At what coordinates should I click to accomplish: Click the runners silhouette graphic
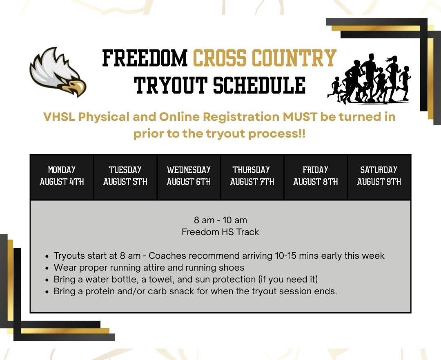click(x=370, y=78)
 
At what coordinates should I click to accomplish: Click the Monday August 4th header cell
click(x=62, y=176)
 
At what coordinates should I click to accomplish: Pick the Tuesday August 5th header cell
click(x=125, y=176)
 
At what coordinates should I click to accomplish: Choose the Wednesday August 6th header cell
click(x=189, y=176)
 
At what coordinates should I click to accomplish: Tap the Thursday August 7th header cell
click(x=252, y=176)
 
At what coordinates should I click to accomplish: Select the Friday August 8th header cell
click(x=316, y=176)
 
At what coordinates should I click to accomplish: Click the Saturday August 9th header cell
click(x=379, y=176)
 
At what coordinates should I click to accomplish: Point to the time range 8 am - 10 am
click(x=220, y=220)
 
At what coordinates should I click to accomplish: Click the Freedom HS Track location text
click(x=220, y=232)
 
